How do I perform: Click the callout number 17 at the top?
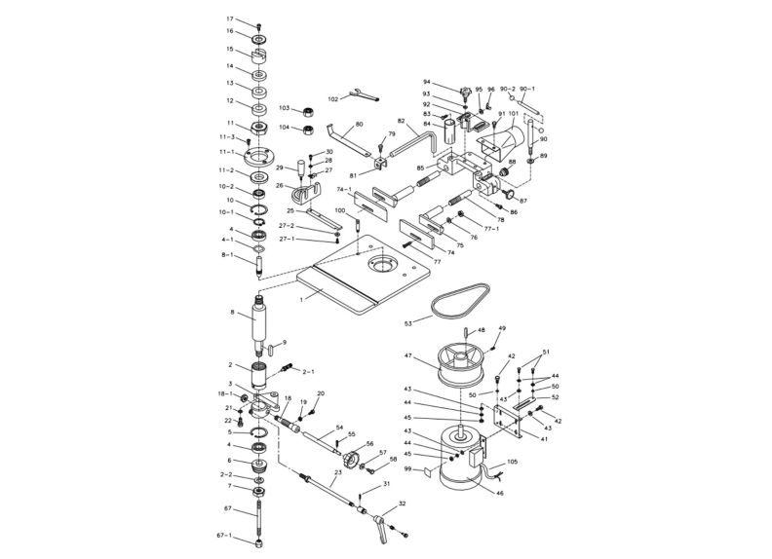pos(230,19)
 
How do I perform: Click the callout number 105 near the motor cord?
pos(513,463)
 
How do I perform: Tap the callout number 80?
pos(359,125)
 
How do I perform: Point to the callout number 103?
pos(285,108)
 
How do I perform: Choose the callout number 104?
pos(285,127)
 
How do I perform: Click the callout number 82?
pos(401,121)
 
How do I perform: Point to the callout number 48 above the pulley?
pos(480,330)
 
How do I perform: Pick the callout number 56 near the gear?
pos(368,443)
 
